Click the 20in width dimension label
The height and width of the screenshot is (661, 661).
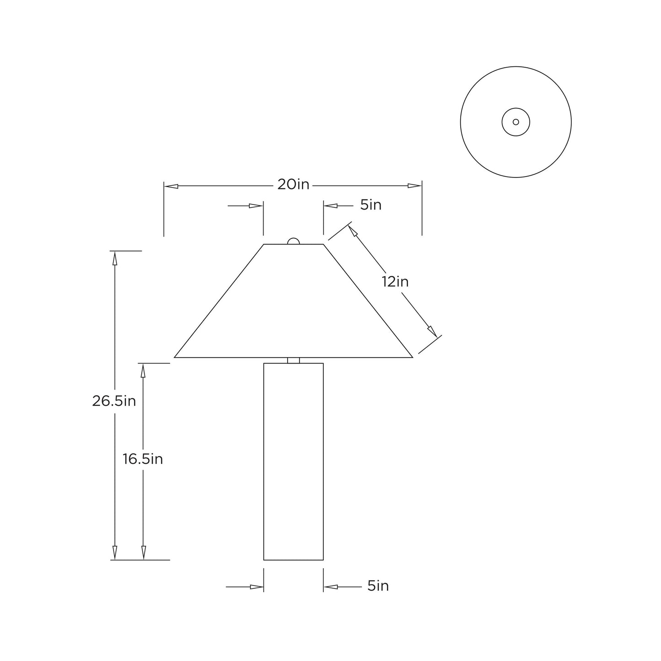pos(293,185)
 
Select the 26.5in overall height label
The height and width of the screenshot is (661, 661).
pos(114,401)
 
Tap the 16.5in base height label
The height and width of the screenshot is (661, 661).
pos(143,459)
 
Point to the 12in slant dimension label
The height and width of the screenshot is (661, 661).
pos(395,282)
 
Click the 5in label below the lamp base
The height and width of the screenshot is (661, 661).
pos(378,586)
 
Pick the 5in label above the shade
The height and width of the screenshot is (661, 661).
pos(371,205)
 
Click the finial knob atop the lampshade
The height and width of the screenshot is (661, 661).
pos(293,241)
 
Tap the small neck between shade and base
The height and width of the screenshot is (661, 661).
pos(293,360)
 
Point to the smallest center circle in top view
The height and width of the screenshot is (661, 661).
pos(516,122)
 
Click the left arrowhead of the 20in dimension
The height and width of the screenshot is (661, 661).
pos(171,186)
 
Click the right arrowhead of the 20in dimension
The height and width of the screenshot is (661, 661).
pos(414,186)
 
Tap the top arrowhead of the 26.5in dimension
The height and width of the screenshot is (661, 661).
pos(114,258)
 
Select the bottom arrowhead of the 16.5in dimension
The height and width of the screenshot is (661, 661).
pos(143,553)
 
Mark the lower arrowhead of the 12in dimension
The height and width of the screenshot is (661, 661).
pos(432,331)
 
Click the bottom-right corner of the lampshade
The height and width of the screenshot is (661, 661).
pos(413,357)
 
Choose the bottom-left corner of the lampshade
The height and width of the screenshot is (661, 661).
pos(174,357)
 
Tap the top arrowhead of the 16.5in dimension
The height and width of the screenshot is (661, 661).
pos(143,370)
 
